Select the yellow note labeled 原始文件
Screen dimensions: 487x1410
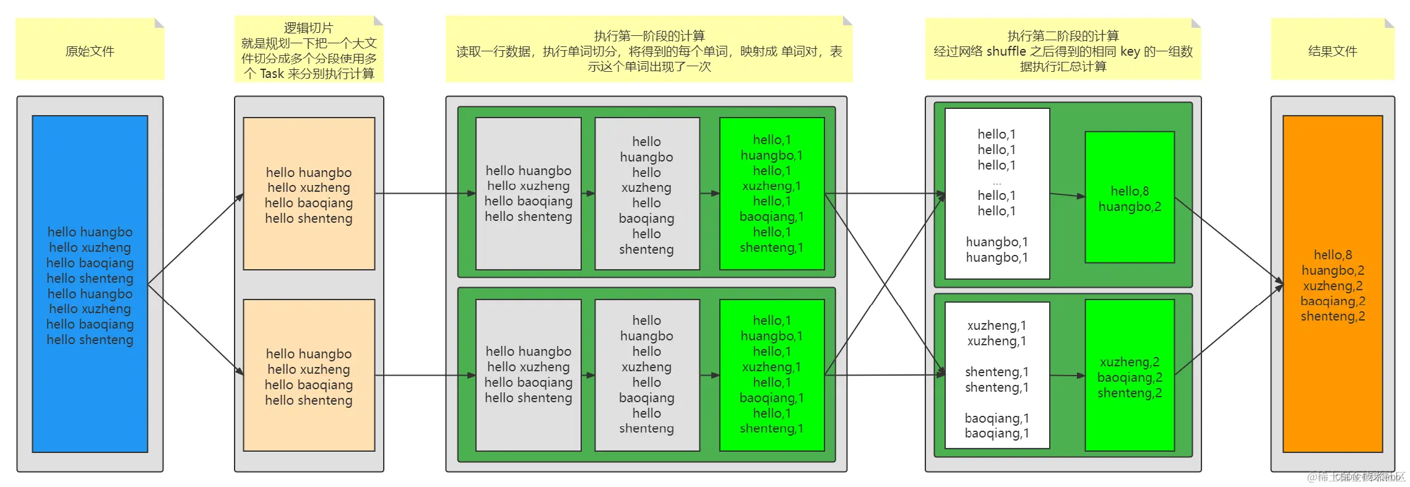[90, 51]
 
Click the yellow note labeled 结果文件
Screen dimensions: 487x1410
[1332, 51]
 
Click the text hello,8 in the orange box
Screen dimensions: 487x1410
[1333, 255]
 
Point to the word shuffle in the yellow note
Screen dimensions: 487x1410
[1006, 51]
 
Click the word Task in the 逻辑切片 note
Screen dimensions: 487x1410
[272, 74]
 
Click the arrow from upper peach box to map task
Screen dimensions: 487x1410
[421, 194]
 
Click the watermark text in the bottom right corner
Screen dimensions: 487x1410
[1356, 476]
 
